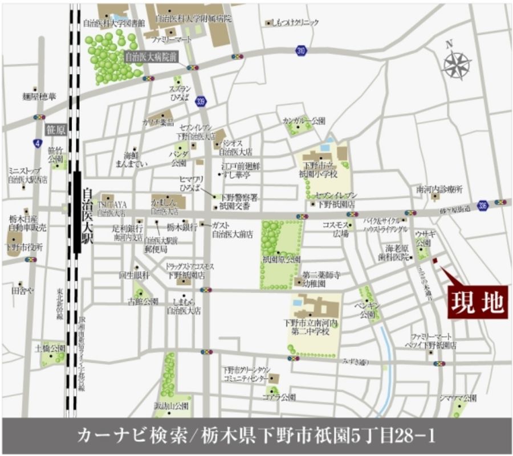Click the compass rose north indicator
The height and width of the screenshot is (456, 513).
457,63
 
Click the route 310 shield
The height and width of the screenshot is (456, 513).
301,51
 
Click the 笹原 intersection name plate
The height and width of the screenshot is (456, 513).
55,130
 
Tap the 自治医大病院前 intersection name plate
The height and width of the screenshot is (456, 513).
151,56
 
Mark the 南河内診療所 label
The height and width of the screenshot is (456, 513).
439,189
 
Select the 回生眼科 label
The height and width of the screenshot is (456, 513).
133,275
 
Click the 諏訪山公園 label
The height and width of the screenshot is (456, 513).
173,406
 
